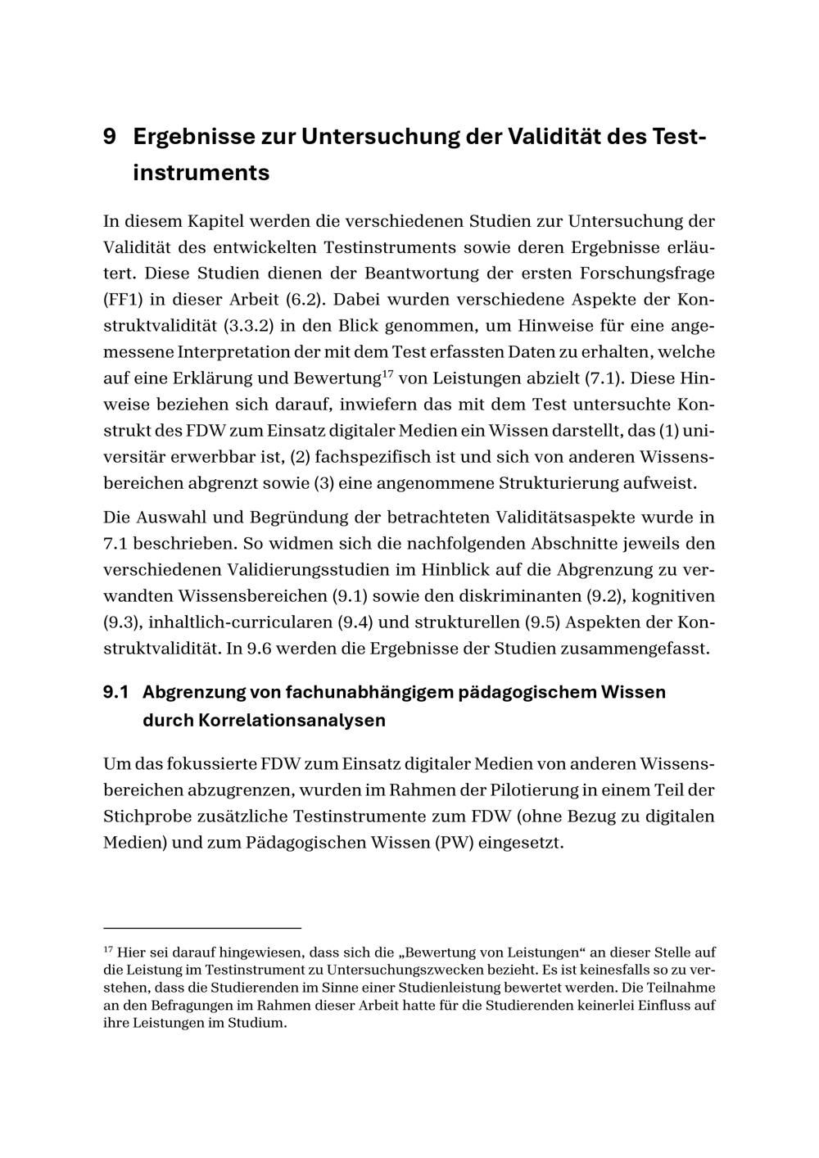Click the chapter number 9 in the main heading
(x=109, y=136)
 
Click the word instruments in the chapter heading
(x=201, y=174)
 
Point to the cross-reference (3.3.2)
(x=247, y=326)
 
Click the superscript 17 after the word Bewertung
(x=388, y=373)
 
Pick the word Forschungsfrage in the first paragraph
(x=647, y=273)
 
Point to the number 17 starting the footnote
(x=107, y=950)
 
